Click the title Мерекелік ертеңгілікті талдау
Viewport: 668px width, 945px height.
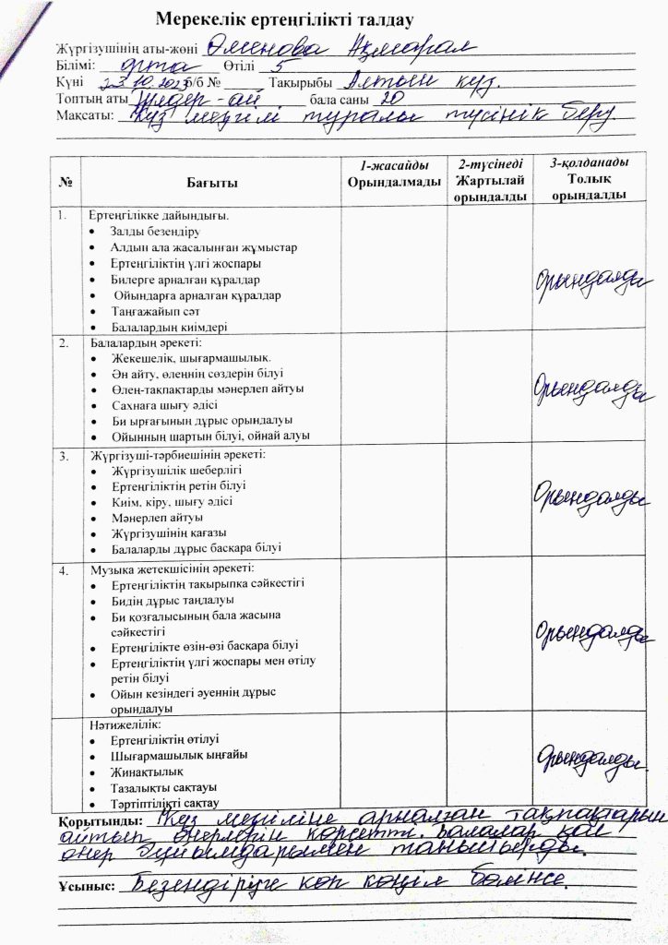[283, 19]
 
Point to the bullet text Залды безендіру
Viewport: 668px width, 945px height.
[149, 232]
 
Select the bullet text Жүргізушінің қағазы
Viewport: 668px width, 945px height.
[169, 532]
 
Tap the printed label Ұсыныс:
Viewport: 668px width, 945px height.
[86, 886]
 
